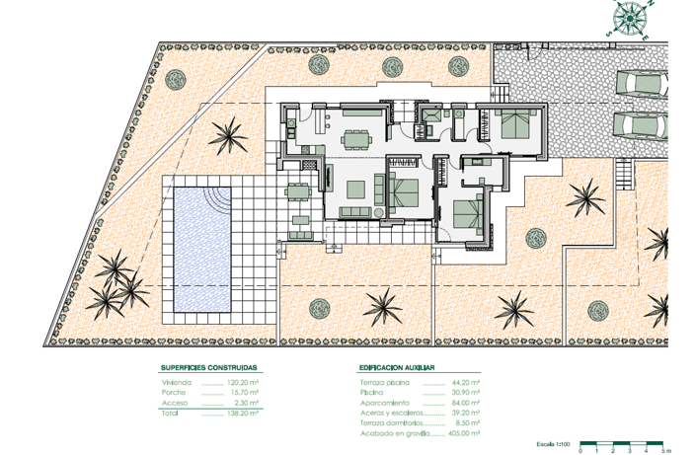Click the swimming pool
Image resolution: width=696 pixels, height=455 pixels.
click(x=202, y=249)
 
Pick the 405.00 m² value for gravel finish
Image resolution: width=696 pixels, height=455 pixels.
click(x=464, y=433)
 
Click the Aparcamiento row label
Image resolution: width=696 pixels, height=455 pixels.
click(x=385, y=403)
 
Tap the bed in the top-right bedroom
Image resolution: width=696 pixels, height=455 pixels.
click(x=515, y=125)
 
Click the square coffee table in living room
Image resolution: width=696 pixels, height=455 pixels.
click(x=356, y=189)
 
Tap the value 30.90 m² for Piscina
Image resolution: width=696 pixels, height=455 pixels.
click(x=464, y=393)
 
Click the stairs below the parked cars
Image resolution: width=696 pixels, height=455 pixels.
click(x=621, y=175)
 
